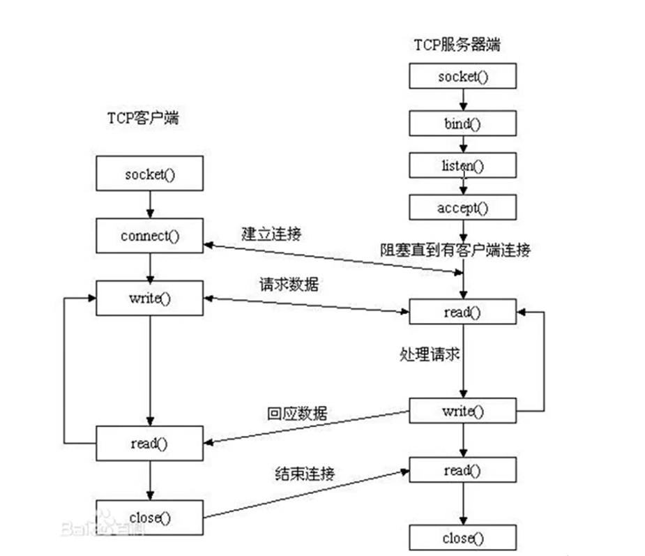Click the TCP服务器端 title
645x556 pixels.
457,45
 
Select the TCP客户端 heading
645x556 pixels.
143,118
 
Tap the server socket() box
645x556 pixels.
463,77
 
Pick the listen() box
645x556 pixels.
463,166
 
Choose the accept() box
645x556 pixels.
463,208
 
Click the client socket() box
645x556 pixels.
149,174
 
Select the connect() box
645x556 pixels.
149,236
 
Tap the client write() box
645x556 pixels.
149,299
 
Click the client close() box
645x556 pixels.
149,517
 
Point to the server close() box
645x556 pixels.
463,538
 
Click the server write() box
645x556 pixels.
463,410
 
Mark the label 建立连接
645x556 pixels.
271,234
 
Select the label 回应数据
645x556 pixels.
297,413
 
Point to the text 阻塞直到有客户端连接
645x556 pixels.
455,250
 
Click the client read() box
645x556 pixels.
149,444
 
